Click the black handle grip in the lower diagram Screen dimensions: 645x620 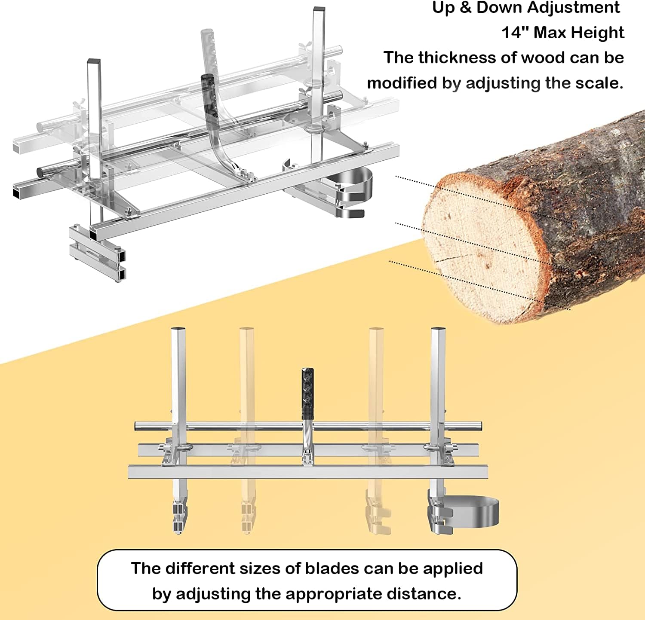(x=307, y=393)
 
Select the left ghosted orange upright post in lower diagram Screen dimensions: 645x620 (x=247, y=430)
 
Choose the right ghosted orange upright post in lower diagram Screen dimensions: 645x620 (x=377, y=430)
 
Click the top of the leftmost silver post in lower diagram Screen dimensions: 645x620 (x=178, y=330)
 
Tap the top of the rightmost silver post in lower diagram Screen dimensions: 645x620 (x=438, y=330)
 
